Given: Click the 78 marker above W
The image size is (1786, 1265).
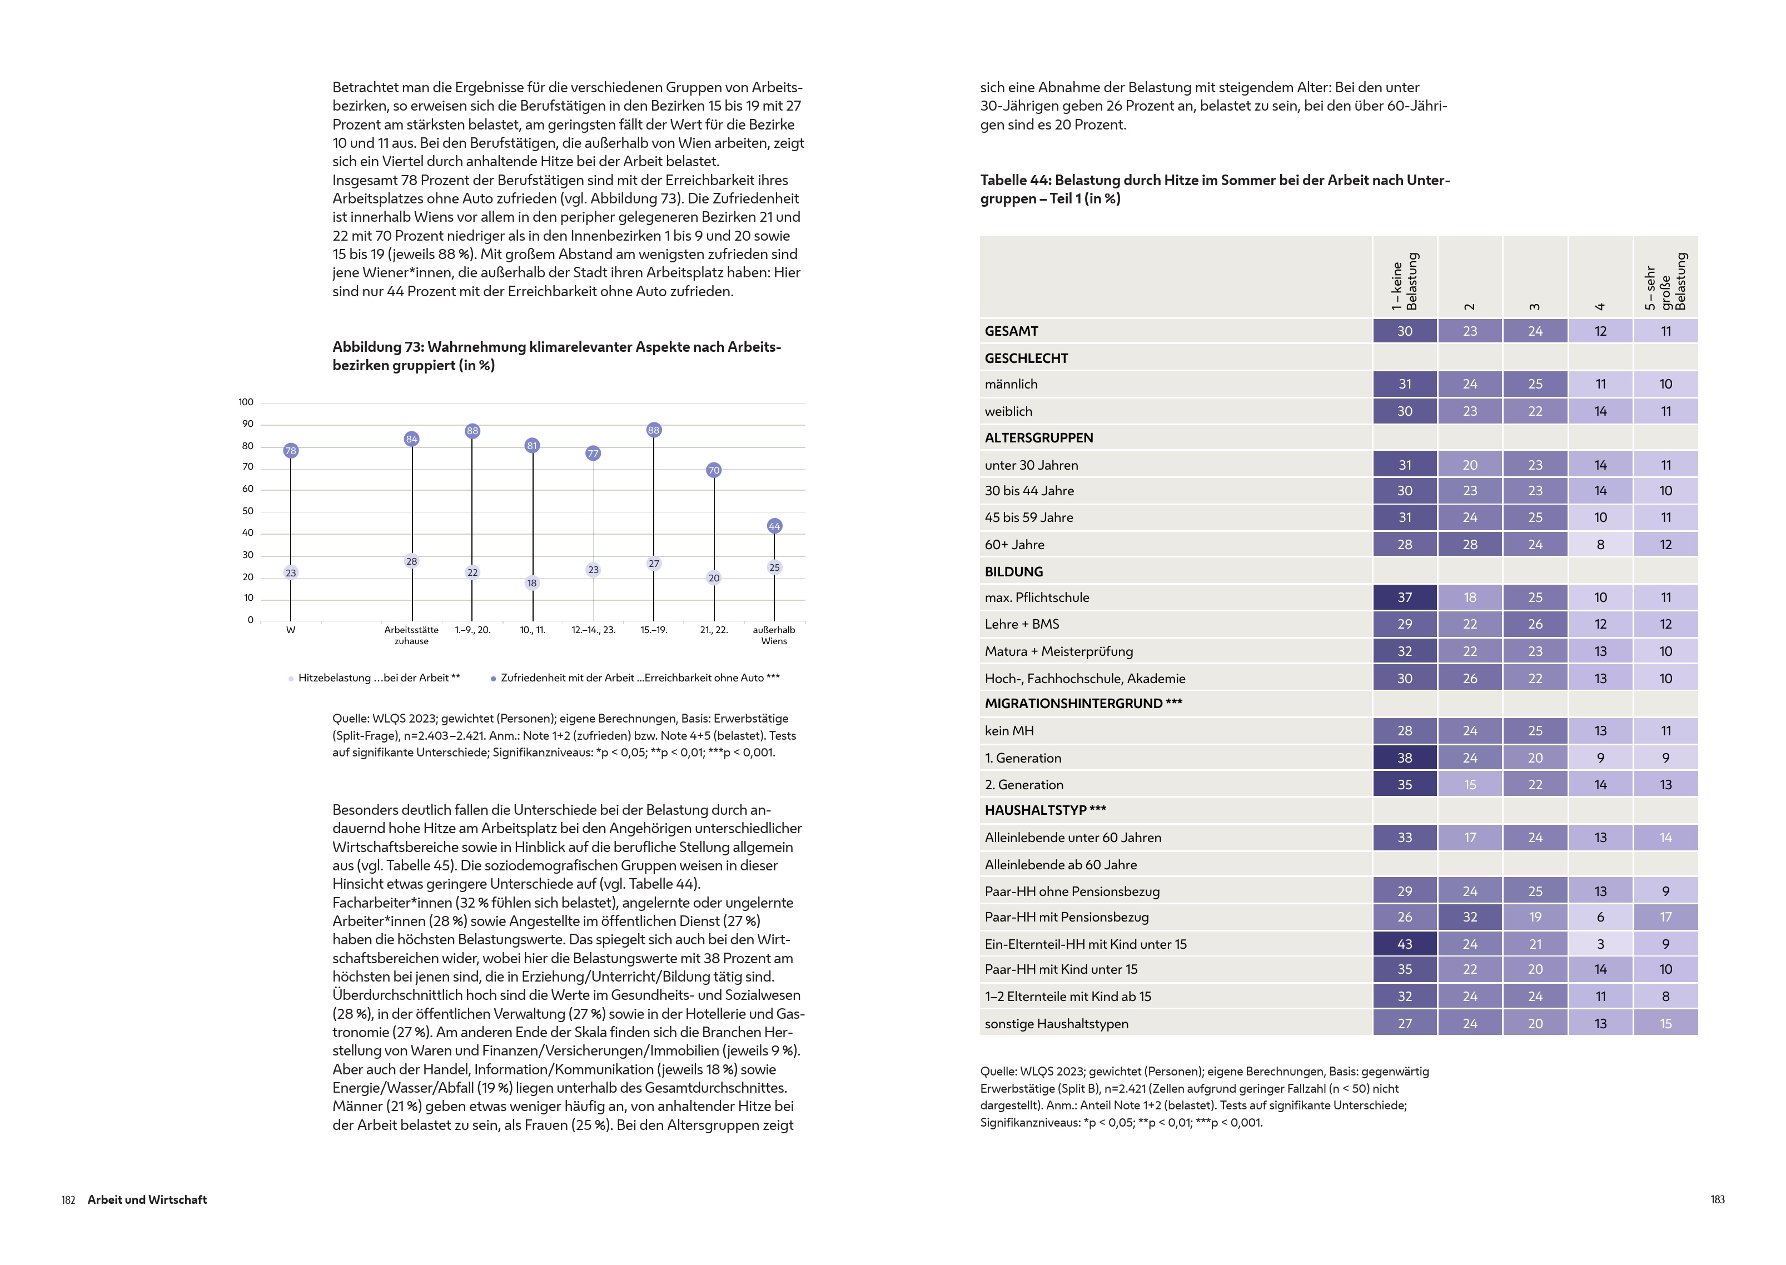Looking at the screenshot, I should (x=291, y=450).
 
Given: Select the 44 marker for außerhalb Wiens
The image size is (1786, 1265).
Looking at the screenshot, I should (x=774, y=526).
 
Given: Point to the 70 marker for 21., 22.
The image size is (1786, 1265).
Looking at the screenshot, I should (x=714, y=470).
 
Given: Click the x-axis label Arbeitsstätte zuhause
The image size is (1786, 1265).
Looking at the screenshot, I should (x=411, y=635).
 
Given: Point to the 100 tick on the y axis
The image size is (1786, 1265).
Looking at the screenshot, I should (x=246, y=402).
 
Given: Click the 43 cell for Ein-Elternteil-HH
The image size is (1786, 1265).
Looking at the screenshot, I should (x=1404, y=944).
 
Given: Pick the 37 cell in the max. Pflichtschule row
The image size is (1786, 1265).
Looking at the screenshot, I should (x=1404, y=597).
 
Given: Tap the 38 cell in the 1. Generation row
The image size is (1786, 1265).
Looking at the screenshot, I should (x=1404, y=758).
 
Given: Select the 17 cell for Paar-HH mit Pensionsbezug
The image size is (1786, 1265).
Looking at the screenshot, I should (x=1665, y=917).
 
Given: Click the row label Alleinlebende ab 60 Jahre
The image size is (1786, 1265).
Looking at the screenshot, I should (x=1060, y=865).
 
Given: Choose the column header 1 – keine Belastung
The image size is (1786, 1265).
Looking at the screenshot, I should (x=1404, y=281).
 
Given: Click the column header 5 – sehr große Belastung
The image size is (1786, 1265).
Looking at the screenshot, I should (x=1665, y=281).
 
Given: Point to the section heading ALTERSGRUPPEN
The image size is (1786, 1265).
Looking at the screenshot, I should (x=1038, y=438).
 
